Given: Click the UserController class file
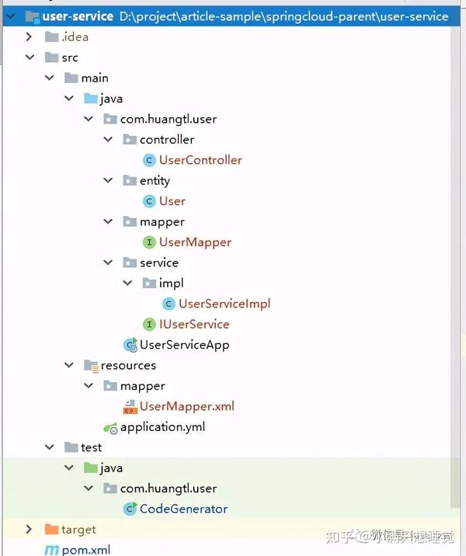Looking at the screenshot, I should [x=200, y=160].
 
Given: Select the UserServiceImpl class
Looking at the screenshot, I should [x=224, y=304].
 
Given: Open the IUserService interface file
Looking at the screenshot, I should [x=194, y=324].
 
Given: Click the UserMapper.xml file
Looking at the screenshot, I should [x=186, y=406].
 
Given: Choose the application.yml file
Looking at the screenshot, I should [x=162, y=426].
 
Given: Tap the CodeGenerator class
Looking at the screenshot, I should [x=183, y=509].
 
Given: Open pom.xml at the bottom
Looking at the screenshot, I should [x=86, y=550].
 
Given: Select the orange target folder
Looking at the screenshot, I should [x=78, y=530].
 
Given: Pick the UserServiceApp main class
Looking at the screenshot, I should [x=184, y=345].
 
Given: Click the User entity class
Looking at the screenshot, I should [x=172, y=201].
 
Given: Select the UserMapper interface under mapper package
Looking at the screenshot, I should [x=195, y=242].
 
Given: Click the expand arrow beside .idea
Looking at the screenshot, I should [x=30, y=36].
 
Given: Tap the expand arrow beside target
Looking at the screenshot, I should [x=30, y=530].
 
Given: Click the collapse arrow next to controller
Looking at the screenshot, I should [x=107, y=140].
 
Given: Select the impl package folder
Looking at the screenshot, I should [x=171, y=283].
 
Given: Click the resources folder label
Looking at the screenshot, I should [x=128, y=365].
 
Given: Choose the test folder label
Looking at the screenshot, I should [x=91, y=447].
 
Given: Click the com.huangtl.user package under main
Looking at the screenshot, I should [x=168, y=119].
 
